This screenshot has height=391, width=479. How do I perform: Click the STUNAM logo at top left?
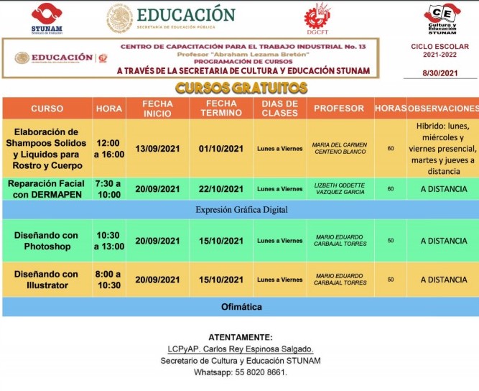pyautogui.click(x=47, y=18)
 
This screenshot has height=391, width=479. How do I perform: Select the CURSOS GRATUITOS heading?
pyautogui.click(x=241, y=88)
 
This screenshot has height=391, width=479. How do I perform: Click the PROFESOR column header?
pyautogui.click(x=340, y=109)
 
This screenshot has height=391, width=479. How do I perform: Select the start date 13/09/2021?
pyautogui.click(x=157, y=149)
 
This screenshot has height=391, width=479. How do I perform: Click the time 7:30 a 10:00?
pyautogui.click(x=108, y=189)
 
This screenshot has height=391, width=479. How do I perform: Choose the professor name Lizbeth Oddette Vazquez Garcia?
pyautogui.click(x=340, y=189)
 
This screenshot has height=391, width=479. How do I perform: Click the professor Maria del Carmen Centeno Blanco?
pyautogui.click(x=340, y=149)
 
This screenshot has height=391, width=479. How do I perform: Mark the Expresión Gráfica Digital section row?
pyautogui.click(x=241, y=210)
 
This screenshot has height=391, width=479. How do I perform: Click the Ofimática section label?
pyautogui.click(x=241, y=307)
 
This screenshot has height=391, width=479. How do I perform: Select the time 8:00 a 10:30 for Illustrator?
pyautogui.click(x=108, y=280)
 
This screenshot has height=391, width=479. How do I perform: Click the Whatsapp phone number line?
pyautogui.click(x=240, y=372)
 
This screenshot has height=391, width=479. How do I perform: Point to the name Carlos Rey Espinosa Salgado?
pyautogui.click(x=240, y=349)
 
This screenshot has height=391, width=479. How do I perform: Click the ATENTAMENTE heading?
pyautogui.click(x=240, y=336)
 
